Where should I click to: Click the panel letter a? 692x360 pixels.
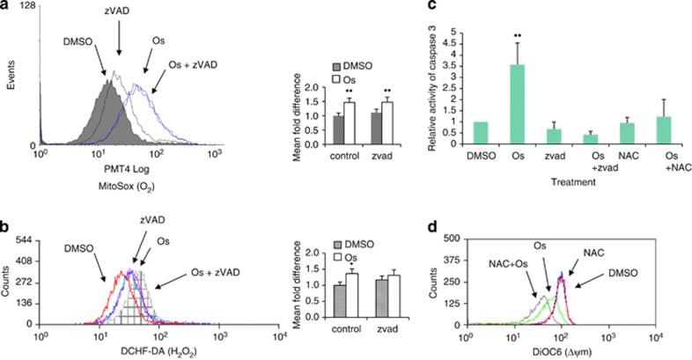tap(6, 8)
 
